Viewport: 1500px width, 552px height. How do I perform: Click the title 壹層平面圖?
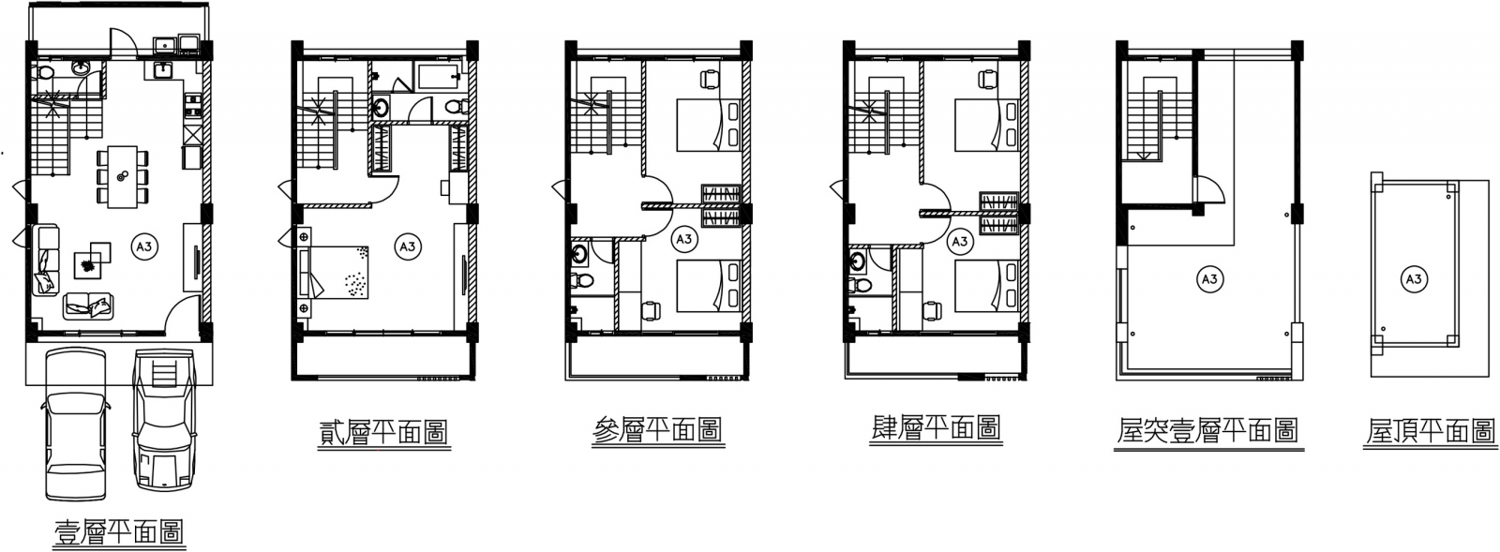[x=118, y=532]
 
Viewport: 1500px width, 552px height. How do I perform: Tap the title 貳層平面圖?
[x=382, y=432]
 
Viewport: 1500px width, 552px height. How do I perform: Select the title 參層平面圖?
[x=657, y=430]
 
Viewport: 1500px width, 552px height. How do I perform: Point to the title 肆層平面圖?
[x=936, y=428]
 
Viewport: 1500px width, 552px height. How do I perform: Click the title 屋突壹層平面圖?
[x=1207, y=431]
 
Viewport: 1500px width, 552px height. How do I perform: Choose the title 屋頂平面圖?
[x=1430, y=431]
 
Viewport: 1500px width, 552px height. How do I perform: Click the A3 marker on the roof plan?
[x=1413, y=278]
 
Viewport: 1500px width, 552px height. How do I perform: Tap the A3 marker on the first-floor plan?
[x=144, y=247]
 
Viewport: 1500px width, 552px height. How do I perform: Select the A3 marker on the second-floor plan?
[x=407, y=247]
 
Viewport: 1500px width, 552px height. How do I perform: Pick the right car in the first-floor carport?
[x=166, y=419]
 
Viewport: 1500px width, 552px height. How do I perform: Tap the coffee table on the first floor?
[x=91, y=263]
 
